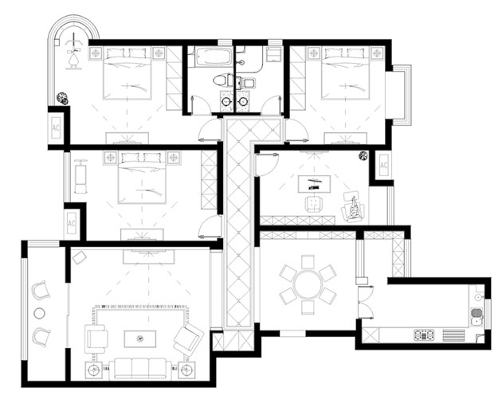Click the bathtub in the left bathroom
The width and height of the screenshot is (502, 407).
[x=213, y=57]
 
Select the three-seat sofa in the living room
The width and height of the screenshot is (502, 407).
[x=140, y=369]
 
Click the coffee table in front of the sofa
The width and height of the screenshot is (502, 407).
[x=140, y=339]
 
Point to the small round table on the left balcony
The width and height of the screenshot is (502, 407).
[x=39, y=314]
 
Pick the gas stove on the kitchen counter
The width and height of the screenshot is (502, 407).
[x=424, y=335]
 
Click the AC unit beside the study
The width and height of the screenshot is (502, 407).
[x=384, y=165]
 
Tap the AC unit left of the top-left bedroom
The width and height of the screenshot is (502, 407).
[x=56, y=127]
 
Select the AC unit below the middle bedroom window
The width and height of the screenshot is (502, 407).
[x=72, y=223]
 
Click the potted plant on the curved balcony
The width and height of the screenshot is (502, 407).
[x=62, y=98]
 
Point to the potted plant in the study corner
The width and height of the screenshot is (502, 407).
[x=363, y=155]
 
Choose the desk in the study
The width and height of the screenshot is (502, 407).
[x=314, y=184]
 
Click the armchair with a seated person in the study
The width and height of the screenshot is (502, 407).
[x=353, y=207]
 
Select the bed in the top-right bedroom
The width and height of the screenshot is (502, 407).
[x=345, y=73]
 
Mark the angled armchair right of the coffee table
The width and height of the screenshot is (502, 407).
[x=188, y=340]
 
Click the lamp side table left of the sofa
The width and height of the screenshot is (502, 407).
[x=93, y=370]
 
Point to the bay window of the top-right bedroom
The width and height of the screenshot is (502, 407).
[x=398, y=96]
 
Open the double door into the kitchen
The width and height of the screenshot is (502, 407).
[x=365, y=303]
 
